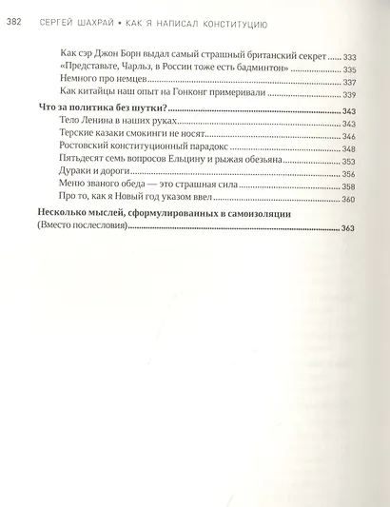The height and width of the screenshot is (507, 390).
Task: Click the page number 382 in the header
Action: [14, 10]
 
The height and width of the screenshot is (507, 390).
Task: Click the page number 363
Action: [347, 231]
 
